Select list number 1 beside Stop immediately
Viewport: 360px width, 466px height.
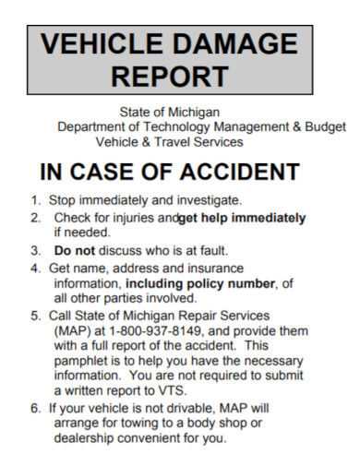(34, 199)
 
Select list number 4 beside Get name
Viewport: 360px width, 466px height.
(34, 268)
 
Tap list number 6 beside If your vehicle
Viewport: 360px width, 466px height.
(34, 409)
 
